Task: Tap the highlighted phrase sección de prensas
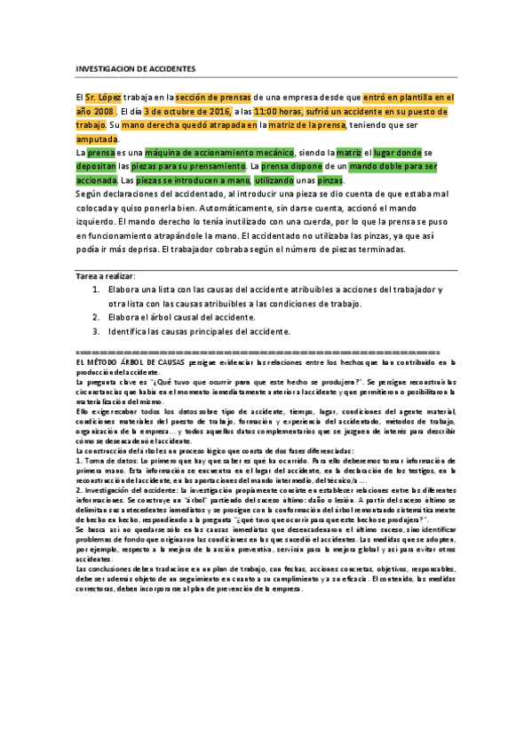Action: pyautogui.click(x=213, y=97)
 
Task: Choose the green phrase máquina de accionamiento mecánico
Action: pyautogui.click(x=208, y=153)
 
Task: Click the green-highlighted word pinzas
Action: pyautogui.click(x=330, y=179)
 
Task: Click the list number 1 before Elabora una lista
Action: pyautogui.click(x=97, y=291)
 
